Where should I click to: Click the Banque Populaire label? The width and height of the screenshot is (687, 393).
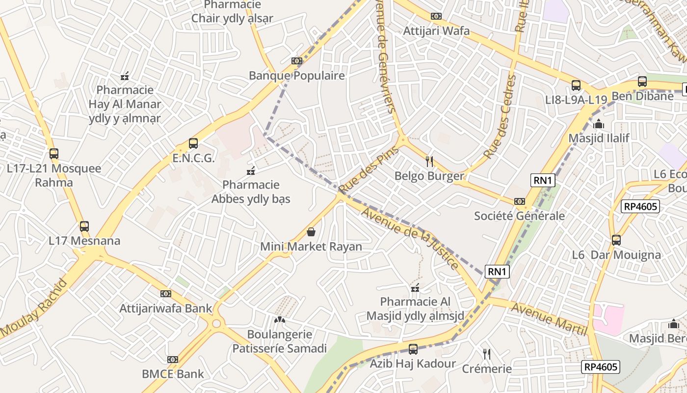click(x=296, y=76)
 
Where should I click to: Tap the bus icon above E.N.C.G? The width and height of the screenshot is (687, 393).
click(x=193, y=143)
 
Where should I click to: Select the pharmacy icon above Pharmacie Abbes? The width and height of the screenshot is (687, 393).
click(x=251, y=171)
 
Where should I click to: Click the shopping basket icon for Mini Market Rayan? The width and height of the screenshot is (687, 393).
click(x=311, y=232)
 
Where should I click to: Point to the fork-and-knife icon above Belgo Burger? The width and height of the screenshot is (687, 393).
click(x=429, y=161)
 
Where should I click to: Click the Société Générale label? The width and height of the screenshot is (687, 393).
click(x=519, y=216)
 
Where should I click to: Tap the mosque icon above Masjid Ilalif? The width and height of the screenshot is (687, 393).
click(x=598, y=124)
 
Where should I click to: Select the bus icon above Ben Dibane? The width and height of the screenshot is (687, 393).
click(x=642, y=82)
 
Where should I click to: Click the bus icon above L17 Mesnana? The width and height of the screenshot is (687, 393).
click(x=84, y=226)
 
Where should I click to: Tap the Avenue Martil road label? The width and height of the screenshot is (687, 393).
click(x=549, y=319)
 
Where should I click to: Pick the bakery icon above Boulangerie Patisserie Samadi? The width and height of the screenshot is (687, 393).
click(x=279, y=320)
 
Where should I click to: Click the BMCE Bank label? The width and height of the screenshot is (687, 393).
click(x=173, y=374)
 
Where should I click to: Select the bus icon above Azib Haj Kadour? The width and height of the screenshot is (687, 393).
click(x=413, y=349)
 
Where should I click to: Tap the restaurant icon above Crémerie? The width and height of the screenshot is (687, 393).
click(x=486, y=354)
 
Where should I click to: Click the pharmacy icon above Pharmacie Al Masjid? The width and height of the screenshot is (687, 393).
click(x=415, y=288)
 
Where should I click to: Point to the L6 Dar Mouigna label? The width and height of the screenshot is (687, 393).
click(x=616, y=255)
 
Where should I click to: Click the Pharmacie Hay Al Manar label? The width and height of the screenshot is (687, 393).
click(x=125, y=104)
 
